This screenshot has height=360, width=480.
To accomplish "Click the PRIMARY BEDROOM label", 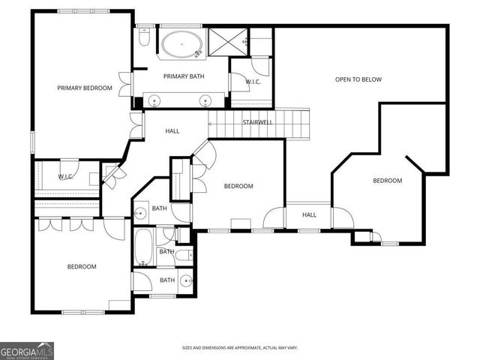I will tap(85, 88).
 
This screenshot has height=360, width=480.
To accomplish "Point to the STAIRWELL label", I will tap(256, 121).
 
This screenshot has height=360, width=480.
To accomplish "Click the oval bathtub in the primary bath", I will tap(181, 43).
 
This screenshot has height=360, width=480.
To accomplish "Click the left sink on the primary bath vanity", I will tap(155, 100).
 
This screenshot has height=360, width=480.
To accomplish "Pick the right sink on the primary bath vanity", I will tap(205, 100).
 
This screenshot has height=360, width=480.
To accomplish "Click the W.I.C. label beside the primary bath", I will tap(253, 82).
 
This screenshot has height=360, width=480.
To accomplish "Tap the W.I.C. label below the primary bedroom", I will tap(65, 177).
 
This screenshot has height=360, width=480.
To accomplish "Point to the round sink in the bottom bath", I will tap(184, 281).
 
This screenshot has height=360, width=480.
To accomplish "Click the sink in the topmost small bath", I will tap(139, 214).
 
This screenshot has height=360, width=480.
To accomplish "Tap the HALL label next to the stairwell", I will tap(172, 132).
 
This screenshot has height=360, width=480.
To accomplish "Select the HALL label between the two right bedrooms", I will tap(309, 215).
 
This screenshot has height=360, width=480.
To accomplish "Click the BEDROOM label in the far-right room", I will tap(388, 181).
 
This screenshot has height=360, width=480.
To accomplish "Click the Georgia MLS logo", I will tap(27, 350).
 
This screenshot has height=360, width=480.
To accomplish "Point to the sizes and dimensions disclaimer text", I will tap(240, 348).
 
